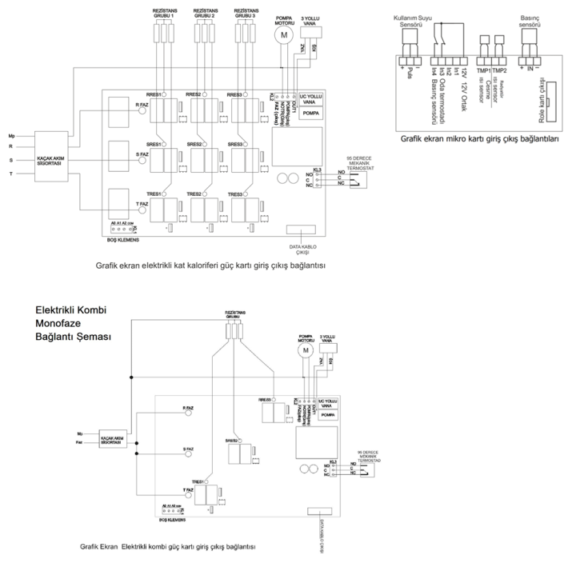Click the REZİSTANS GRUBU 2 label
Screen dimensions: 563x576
coord(205,13)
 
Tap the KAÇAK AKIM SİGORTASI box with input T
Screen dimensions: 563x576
coord(50,151)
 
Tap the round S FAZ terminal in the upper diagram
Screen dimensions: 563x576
coord(145,159)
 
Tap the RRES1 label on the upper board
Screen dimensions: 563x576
coord(153,94)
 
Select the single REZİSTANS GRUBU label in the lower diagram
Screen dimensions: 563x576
coord(232,315)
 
